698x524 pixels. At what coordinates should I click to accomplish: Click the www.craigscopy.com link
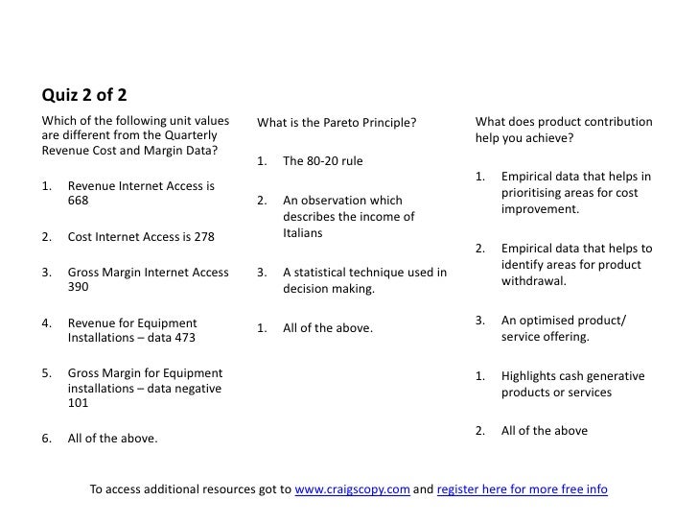click(x=352, y=489)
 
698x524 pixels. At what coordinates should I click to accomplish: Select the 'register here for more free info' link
click(x=522, y=489)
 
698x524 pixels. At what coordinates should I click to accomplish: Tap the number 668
click(x=79, y=202)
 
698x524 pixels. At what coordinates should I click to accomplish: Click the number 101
click(x=79, y=402)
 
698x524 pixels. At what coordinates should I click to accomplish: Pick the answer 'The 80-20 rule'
click(x=323, y=160)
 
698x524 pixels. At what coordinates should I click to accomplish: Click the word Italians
click(x=304, y=233)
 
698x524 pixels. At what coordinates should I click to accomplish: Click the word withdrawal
click(x=533, y=281)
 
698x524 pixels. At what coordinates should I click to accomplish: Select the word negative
click(x=195, y=389)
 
